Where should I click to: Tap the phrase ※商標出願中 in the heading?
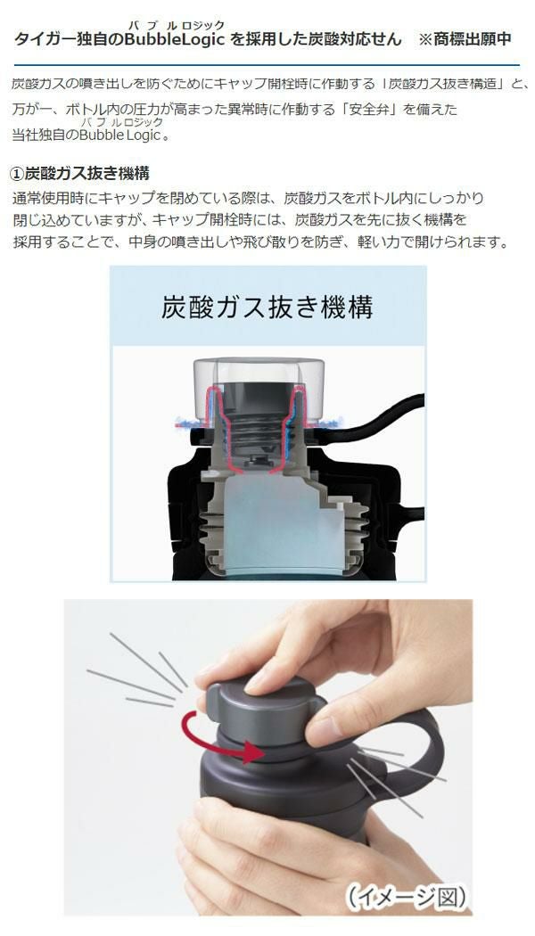click(465, 39)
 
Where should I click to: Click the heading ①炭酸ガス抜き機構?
click(80, 174)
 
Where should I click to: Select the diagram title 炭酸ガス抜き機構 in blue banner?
click(267, 308)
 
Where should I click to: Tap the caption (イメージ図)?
click(407, 896)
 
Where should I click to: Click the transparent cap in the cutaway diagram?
click(259, 388)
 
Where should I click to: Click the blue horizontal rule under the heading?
click(267, 64)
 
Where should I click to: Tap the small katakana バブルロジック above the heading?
click(177, 25)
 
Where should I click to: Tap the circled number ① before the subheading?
click(18, 175)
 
